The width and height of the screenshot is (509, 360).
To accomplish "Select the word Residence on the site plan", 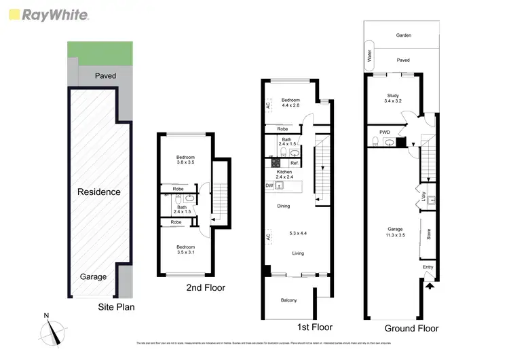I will [x=98, y=192].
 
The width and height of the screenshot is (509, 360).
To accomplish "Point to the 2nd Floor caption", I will [x=206, y=288].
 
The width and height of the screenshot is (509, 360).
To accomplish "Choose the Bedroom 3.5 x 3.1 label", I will [x=185, y=250].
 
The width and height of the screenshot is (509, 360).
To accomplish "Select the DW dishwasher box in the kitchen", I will [x=270, y=185].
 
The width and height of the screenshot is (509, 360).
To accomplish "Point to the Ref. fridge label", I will [x=295, y=164].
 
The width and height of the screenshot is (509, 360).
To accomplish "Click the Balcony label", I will [x=288, y=300].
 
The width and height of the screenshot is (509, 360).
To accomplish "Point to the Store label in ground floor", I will [x=429, y=236].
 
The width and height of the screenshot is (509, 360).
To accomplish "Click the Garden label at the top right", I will [x=404, y=35].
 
